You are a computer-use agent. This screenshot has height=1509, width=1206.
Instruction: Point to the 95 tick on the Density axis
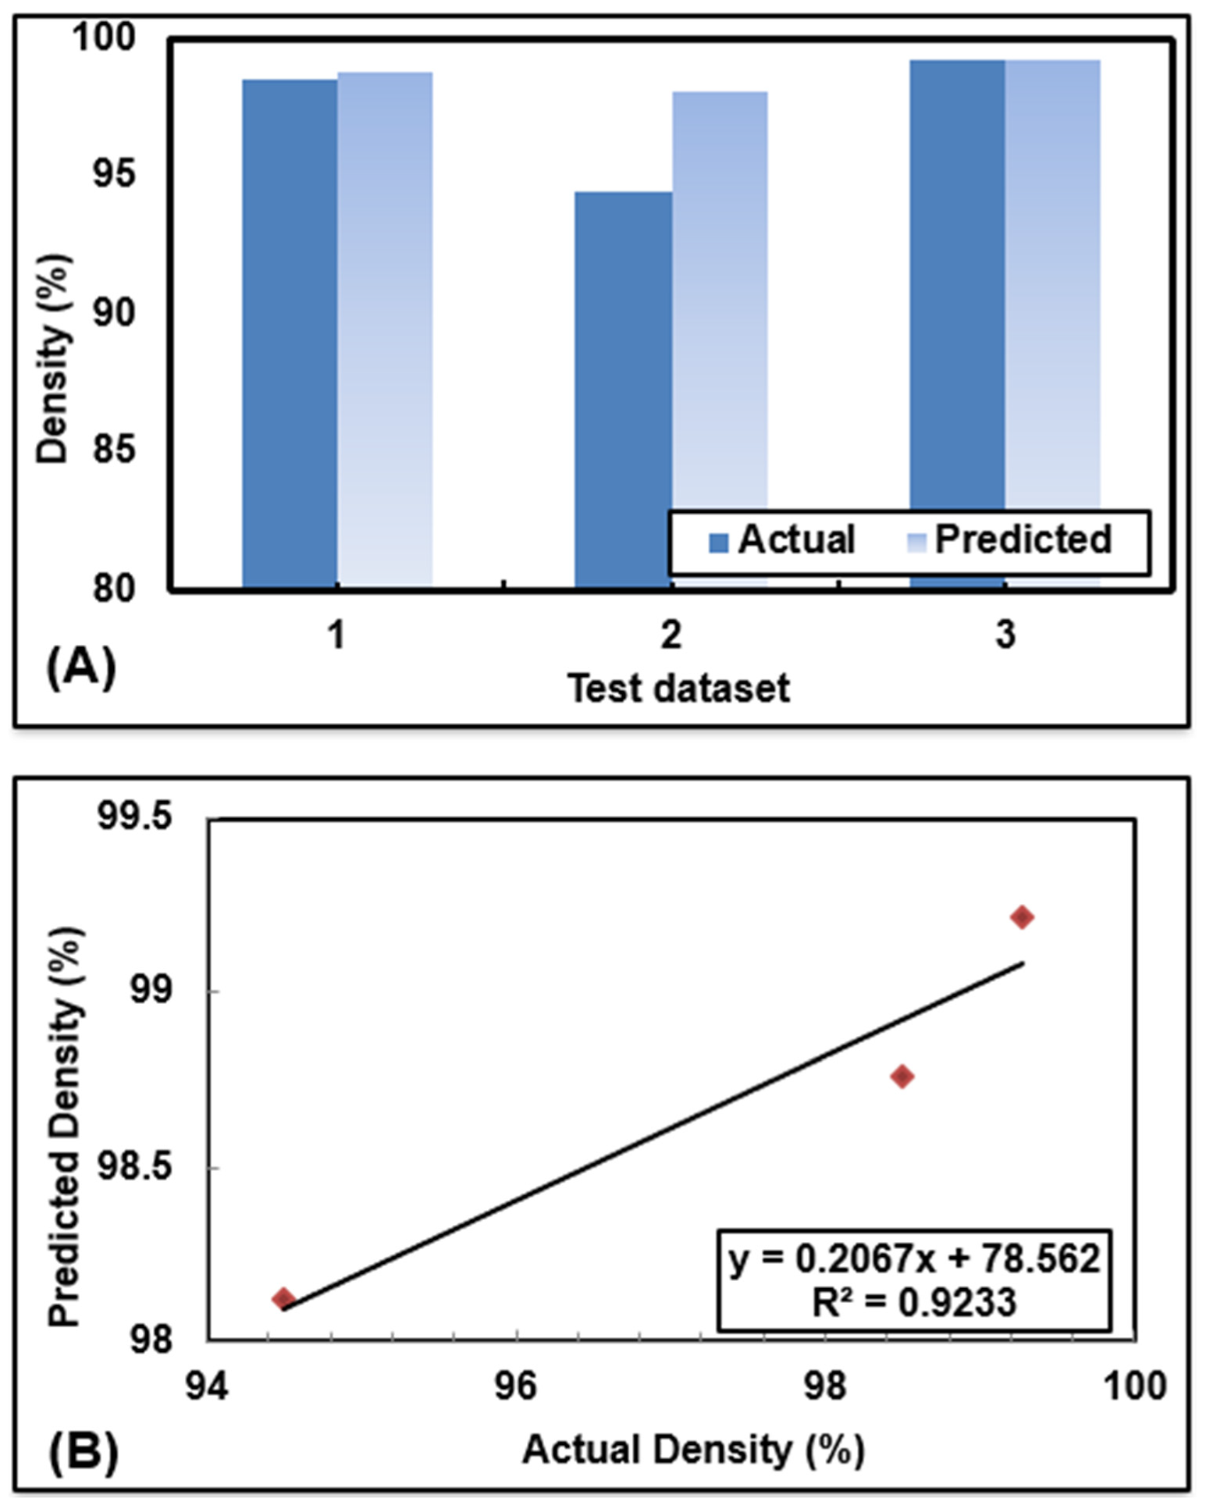(x=114, y=174)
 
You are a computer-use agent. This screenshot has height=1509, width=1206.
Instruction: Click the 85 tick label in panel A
(x=114, y=450)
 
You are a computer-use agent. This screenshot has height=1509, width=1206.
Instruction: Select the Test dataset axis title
(x=678, y=689)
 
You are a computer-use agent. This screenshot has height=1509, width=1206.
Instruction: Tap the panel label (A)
(x=81, y=668)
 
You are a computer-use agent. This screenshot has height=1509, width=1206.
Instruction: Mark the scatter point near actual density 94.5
(x=283, y=1299)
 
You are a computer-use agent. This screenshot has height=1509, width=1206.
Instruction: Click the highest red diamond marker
(x=1022, y=916)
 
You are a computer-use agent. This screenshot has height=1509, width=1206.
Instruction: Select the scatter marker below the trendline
(x=902, y=1077)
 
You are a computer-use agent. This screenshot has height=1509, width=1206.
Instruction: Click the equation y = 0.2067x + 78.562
(x=914, y=1258)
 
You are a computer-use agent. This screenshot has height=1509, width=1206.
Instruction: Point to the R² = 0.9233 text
(x=914, y=1302)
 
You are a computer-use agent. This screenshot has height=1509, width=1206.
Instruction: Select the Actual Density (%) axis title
(x=693, y=1450)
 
